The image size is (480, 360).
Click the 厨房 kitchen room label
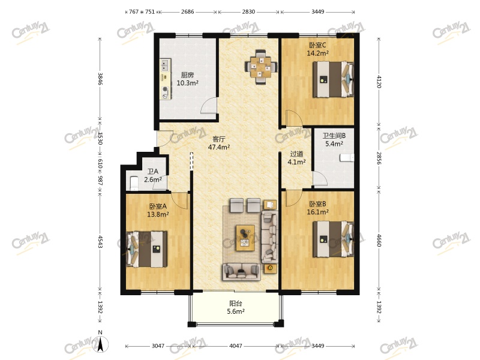point(187,75)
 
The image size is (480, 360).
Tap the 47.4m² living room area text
point(219,146)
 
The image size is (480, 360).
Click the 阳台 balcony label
point(236,303)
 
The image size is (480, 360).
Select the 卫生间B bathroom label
point(334,136)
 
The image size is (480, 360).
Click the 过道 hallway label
point(297,154)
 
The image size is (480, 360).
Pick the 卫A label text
point(153,171)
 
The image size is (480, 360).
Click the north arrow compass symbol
point(102,343)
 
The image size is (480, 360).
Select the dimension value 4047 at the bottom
point(236,346)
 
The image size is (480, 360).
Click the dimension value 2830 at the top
point(248,11)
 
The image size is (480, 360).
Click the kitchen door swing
point(208,106)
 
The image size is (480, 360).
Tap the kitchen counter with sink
point(164,79)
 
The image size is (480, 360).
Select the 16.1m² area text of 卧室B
point(319,212)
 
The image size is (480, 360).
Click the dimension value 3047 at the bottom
point(158,346)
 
